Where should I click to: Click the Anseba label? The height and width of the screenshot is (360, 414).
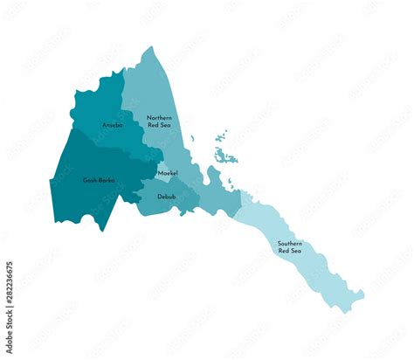(113, 125)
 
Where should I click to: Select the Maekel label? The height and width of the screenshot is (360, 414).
(168, 173)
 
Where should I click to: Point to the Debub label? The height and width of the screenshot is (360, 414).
(167, 197)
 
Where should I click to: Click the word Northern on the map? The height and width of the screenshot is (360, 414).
(159, 117)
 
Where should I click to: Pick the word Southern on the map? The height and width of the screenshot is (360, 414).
(290, 243)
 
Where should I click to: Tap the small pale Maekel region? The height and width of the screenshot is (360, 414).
(162, 167)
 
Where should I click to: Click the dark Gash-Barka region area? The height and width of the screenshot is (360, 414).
(83, 197)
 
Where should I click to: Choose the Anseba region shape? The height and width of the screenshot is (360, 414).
(100, 109)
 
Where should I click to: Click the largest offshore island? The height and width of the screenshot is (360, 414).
(225, 157)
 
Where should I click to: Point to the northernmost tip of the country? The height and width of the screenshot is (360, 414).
(150, 48)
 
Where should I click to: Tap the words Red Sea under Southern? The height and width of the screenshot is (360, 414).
(290, 252)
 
